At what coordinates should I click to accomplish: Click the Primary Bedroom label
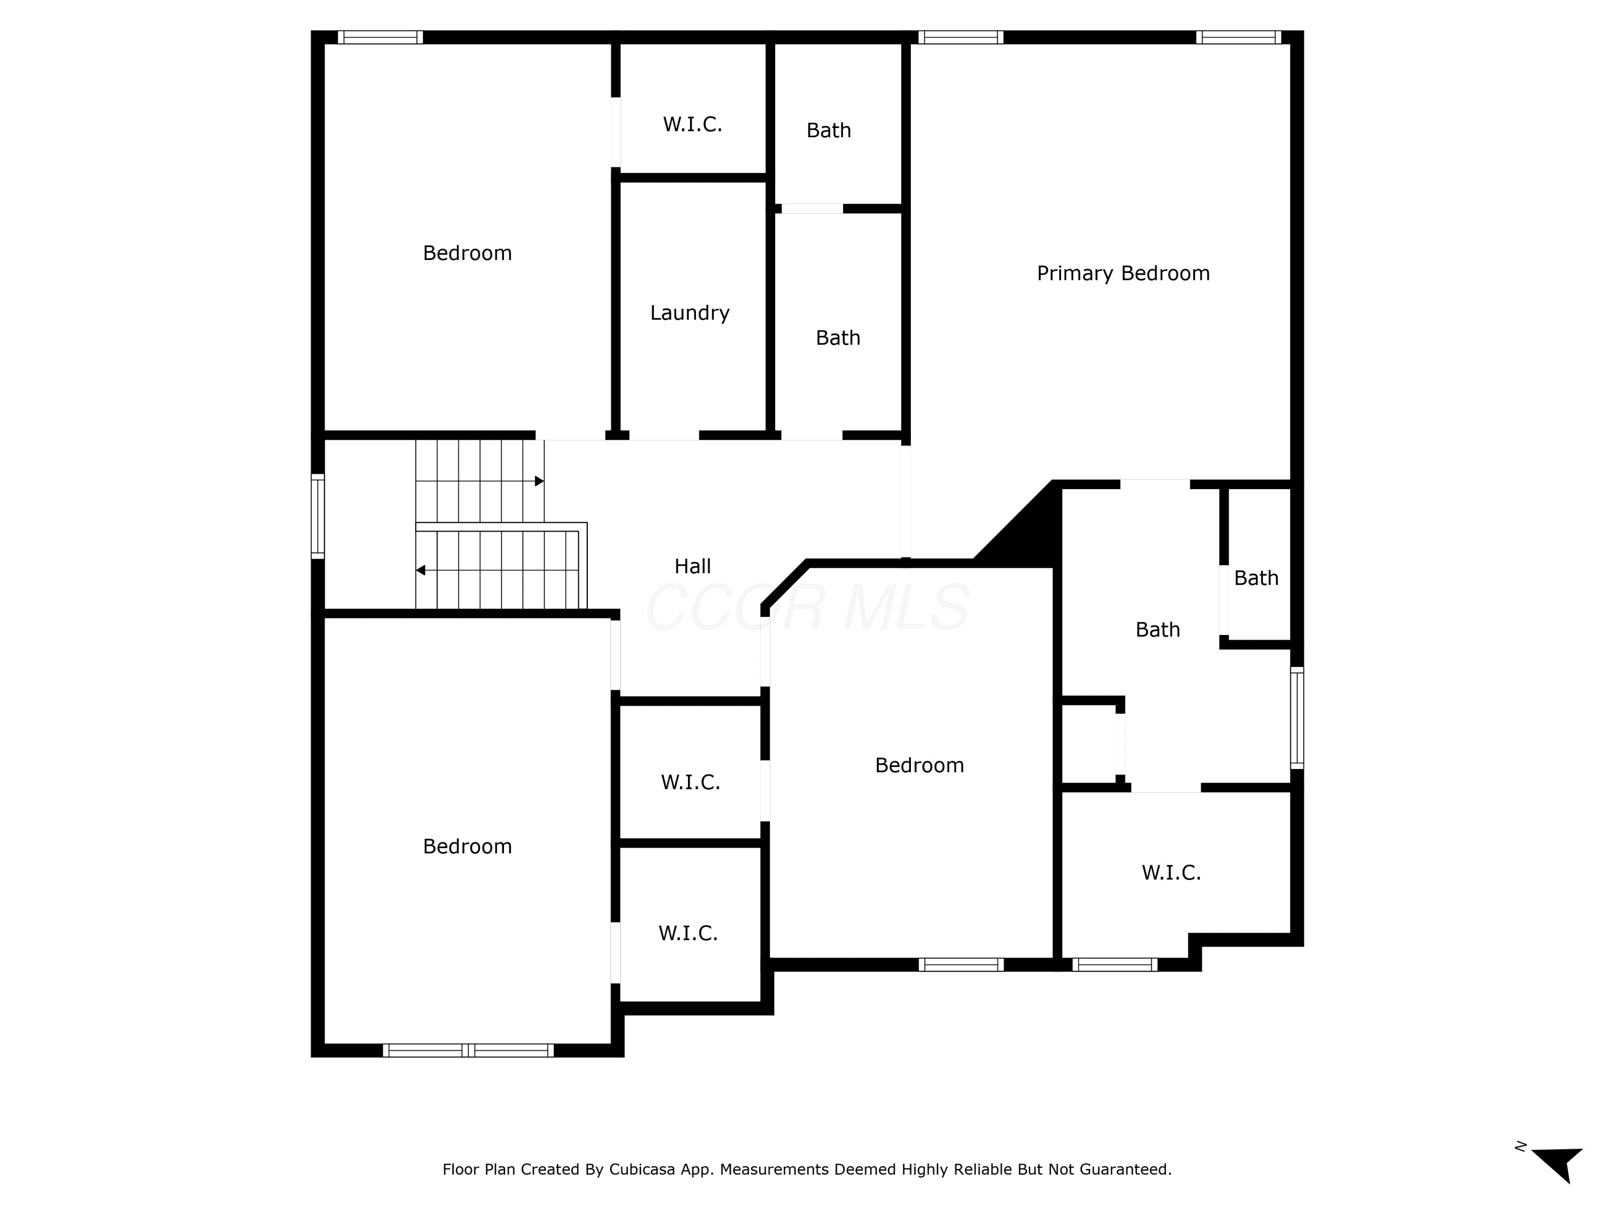(1123, 274)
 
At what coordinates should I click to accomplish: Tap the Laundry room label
(690, 313)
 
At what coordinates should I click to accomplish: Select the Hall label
(692, 566)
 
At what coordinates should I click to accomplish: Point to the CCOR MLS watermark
(807, 607)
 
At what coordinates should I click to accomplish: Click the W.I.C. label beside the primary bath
(1171, 872)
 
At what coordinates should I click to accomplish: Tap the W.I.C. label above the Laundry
(692, 124)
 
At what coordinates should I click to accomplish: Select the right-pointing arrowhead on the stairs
(539, 481)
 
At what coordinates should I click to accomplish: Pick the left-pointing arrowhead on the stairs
(420, 570)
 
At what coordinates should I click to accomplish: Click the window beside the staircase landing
(318, 516)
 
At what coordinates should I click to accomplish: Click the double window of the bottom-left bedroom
(468, 1051)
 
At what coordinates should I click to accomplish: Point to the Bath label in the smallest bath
(1256, 578)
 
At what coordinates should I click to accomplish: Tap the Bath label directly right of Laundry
(838, 338)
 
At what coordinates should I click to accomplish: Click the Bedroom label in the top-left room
(467, 254)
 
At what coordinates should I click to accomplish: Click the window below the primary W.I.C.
(1115, 964)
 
